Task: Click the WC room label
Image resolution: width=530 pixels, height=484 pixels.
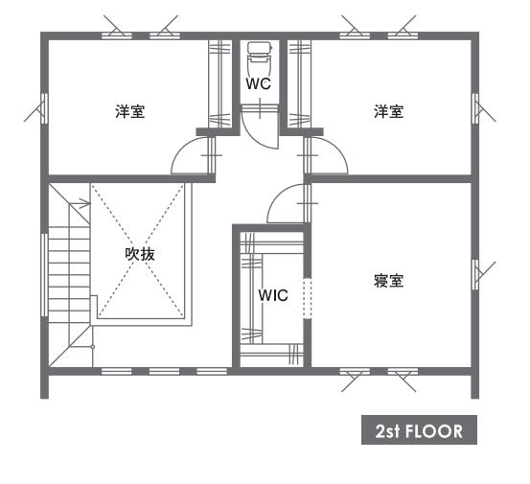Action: click(259, 83)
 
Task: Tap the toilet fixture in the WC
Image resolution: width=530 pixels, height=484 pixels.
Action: click(260, 57)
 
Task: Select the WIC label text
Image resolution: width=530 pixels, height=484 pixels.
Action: click(273, 295)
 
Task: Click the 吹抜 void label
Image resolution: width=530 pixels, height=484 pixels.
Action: click(140, 254)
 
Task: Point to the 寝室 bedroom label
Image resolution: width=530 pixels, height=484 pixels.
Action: click(389, 281)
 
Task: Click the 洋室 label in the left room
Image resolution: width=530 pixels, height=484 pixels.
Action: click(130, 111)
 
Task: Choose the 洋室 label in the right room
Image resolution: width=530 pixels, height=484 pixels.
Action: click(389, 111)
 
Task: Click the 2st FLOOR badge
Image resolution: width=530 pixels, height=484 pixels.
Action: click(419, 429)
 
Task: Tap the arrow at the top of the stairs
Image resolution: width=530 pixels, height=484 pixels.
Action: click(81, 203)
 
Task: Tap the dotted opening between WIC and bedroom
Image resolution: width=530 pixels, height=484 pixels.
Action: click(307, 298)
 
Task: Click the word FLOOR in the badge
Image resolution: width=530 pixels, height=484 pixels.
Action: click(433, 431)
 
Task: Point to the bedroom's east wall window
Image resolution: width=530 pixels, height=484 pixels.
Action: click(475, 274)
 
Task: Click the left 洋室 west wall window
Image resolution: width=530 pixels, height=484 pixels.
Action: click(44, 108)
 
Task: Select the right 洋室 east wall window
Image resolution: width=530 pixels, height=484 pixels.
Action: click(475, 108)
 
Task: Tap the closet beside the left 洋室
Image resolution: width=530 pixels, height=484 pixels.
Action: click(219, 83)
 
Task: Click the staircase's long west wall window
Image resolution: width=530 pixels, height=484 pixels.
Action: click(44, 275)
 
